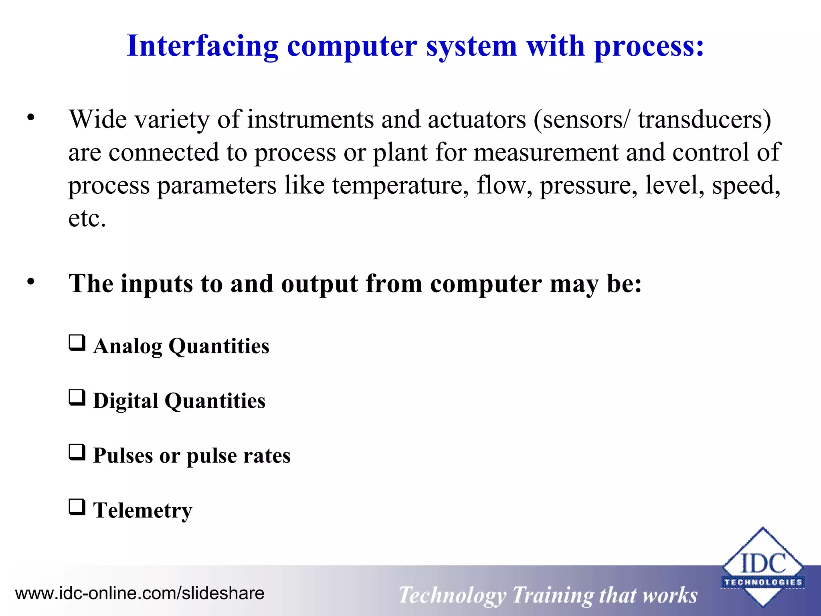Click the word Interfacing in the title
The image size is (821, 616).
(202, 46)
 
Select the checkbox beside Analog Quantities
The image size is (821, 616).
(77, 343)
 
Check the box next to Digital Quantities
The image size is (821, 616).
(77, 398)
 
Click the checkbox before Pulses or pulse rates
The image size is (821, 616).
(77, 452)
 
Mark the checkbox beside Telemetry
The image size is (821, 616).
(77, 507)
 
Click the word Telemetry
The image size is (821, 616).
(143, 511)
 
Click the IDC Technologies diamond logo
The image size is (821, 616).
(762, 568)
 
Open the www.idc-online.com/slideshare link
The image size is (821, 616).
(140, 593)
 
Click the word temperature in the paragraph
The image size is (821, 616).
(400, 186)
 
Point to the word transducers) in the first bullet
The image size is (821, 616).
(704, 120)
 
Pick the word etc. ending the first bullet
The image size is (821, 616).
(87, 219)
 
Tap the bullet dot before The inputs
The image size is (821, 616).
(31, 282)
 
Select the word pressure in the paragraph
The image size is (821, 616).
(588, 186)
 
